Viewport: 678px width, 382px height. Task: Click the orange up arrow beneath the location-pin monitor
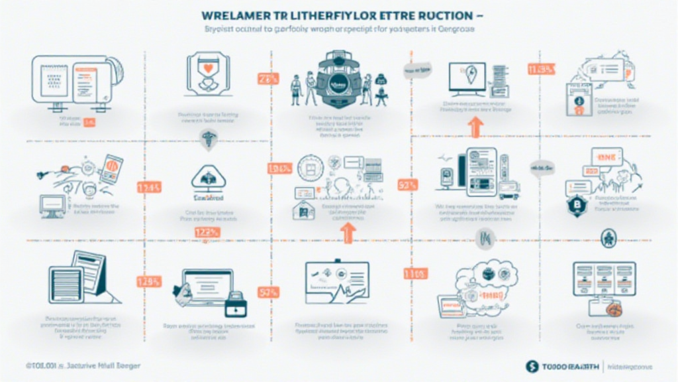pyautogui.click(x=474, y=127)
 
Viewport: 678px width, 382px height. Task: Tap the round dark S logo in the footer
pyautogui.click(x=532, y=365)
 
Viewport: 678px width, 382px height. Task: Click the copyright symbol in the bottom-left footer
pyautogui.click(x=28, y=365)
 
